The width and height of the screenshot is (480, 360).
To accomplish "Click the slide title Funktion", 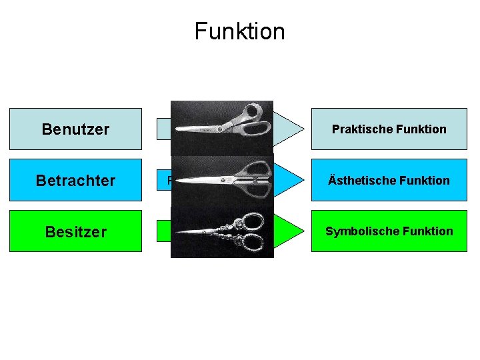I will (239, 31).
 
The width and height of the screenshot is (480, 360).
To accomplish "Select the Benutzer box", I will (75, 129).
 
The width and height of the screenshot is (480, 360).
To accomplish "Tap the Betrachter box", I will (75, 180).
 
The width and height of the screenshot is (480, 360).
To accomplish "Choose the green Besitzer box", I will (75, 231).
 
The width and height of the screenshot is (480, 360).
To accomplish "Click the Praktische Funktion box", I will (389, 129).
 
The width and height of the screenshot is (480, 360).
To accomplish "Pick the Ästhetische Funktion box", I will (389, 180).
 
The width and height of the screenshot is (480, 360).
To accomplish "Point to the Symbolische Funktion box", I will (389, 231).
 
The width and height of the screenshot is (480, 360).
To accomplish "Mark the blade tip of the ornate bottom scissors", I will (177, 233).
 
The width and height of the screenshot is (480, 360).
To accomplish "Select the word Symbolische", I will (361, 231).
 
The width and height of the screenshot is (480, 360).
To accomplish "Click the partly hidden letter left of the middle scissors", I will (169, 180).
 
